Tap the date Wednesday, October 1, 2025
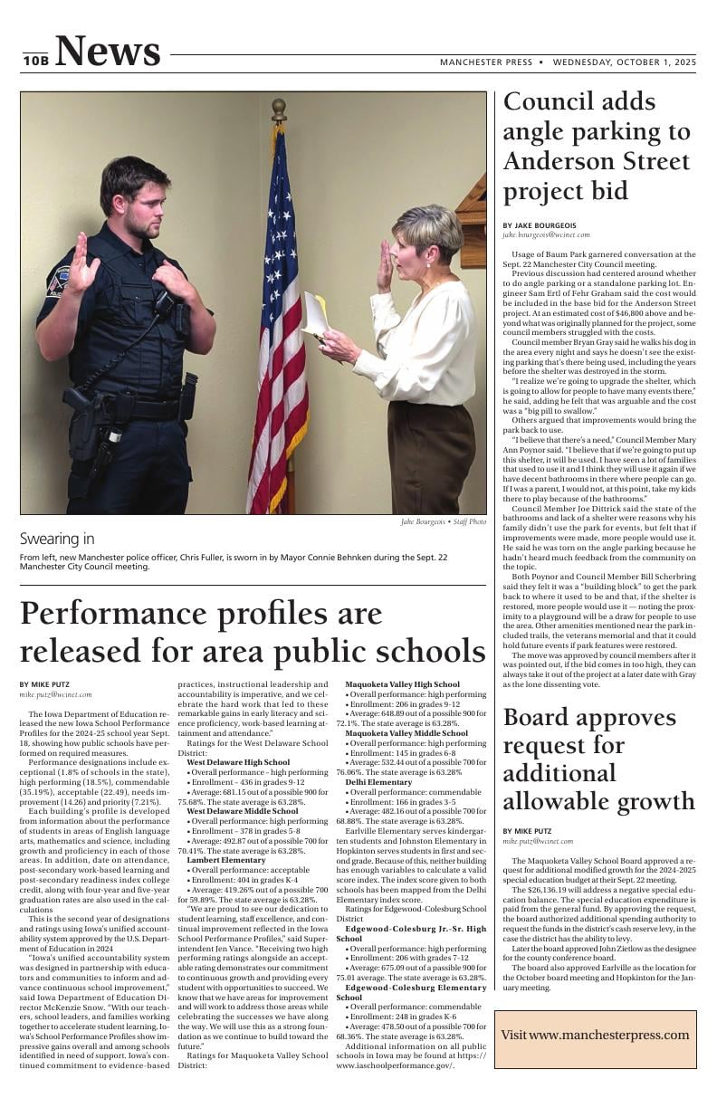(625, 62)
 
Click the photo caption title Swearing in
(57, 539)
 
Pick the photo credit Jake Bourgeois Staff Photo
(443, 522)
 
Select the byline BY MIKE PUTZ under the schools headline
(44, 683)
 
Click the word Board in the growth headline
(539, 718)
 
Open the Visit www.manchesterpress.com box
(595, 1036)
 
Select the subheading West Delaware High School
(238, 762)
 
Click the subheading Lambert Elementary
(226, 859)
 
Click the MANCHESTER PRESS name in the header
(486, 62)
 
